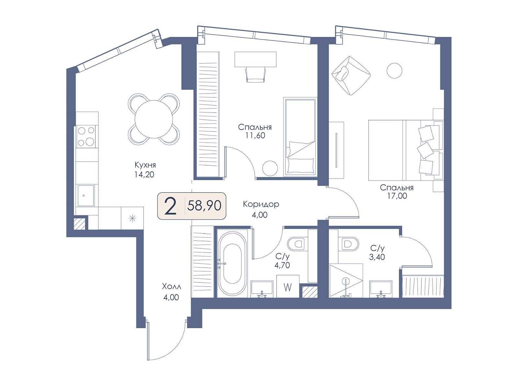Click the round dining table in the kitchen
point(153,119)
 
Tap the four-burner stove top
point(86,136)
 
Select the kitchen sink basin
point(86,195)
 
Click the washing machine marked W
point(288,286)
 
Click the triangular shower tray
point(346,281)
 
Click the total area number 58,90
point(204,206)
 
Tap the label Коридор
point(261,204)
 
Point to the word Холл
point(172,287)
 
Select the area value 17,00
point(397,196)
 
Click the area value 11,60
point(255,135)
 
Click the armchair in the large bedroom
point(351,75)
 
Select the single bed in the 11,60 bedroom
point(300,137)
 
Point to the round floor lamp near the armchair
point(394,70)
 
